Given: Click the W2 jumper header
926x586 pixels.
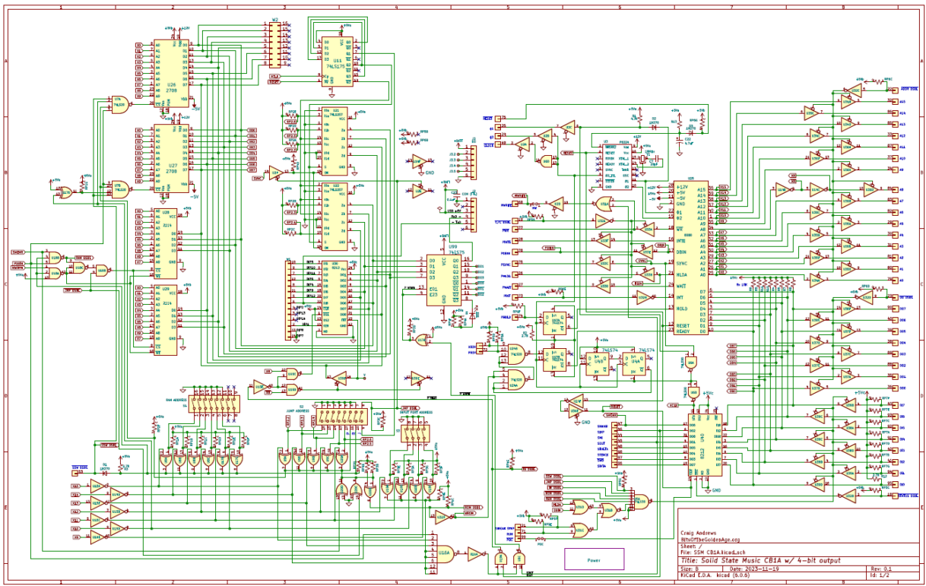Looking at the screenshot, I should [x=274, y=45].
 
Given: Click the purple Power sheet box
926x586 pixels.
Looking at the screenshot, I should [x=594, y=559].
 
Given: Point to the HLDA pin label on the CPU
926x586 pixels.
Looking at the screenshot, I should [x=682, y=274].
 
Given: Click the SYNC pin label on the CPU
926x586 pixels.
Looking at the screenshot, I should [x=682, y=263].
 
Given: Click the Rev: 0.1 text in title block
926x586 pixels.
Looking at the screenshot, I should [x=882, y=569].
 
